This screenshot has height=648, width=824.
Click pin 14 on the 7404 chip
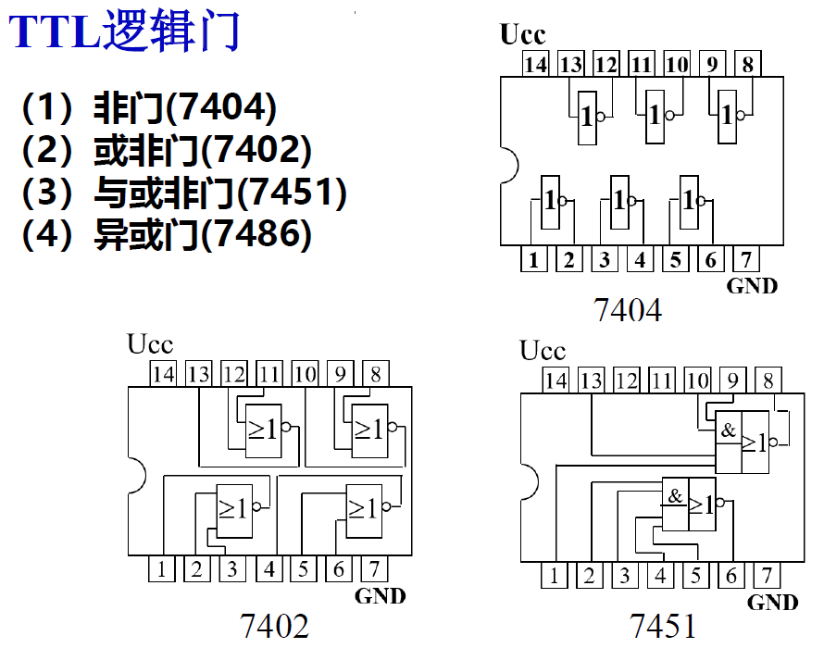pyautogui.click(x=535, y=64)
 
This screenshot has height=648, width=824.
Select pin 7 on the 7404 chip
pyautogui.click(x=746, y=259)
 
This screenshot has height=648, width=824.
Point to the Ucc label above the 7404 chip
pyautogui.click(x=522, y=35)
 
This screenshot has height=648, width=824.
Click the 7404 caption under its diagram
pyautogui.click(x=628, y=310)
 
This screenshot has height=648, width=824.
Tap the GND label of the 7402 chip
pyautogui.click(x=380, y=596)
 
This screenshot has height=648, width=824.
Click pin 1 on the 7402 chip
pyautogui.click(x=161, y=568)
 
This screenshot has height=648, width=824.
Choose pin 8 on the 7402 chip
pyautogui.click(x=375, y=374)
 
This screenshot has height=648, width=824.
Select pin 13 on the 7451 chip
pyautogui.click(x=591, y=380)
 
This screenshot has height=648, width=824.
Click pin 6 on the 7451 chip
pyautogui.click(x=731, y=576)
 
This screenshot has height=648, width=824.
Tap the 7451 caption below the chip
pyautogui.click(x=663, y=627)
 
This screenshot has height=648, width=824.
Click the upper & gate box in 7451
pyautogui.click(x=728, y=431)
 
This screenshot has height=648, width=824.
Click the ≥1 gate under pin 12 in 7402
pyautogui.click(x=262, y=430)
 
